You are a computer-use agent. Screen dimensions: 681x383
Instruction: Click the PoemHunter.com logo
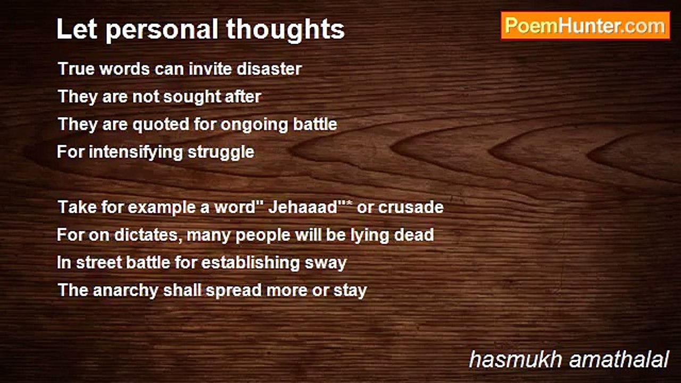[585, 26]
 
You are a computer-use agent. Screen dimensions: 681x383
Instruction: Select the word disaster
[269, 69]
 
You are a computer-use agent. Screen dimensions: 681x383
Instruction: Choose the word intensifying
[136, 152]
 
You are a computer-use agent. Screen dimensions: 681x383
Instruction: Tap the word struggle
[221, 152]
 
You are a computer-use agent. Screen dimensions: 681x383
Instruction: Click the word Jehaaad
[303, 207]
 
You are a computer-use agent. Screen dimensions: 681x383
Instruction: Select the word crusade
[411, 207]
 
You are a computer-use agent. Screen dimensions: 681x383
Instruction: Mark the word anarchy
[126, 291]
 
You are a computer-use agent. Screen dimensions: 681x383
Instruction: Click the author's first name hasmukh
[516, 359]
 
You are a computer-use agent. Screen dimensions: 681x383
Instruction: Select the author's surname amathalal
[619, 359]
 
